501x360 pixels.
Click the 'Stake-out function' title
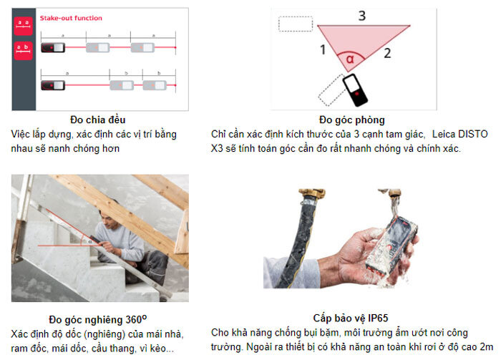[x=71, y=17]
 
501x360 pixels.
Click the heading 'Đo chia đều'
[x=99, y=120]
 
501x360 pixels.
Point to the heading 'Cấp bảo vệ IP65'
[x=351, y=318]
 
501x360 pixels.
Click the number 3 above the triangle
[x=362, y=15]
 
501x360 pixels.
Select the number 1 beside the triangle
[x=323, y=50]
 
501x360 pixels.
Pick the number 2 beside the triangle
[x=387, y=52]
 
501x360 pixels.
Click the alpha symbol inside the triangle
[x=351, y=59]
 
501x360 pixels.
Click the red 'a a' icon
[x=23, y=26]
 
